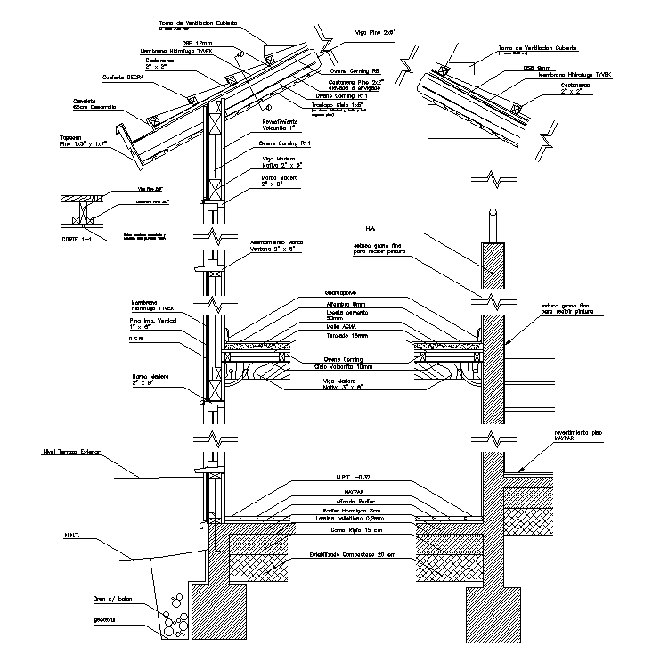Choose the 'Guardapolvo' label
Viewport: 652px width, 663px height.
click(341, 292)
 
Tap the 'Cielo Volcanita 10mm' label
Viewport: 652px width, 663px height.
click(342, 366)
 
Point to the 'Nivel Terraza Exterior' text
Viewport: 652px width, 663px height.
click(74, 453)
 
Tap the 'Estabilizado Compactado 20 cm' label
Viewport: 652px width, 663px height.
click(351, 555)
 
